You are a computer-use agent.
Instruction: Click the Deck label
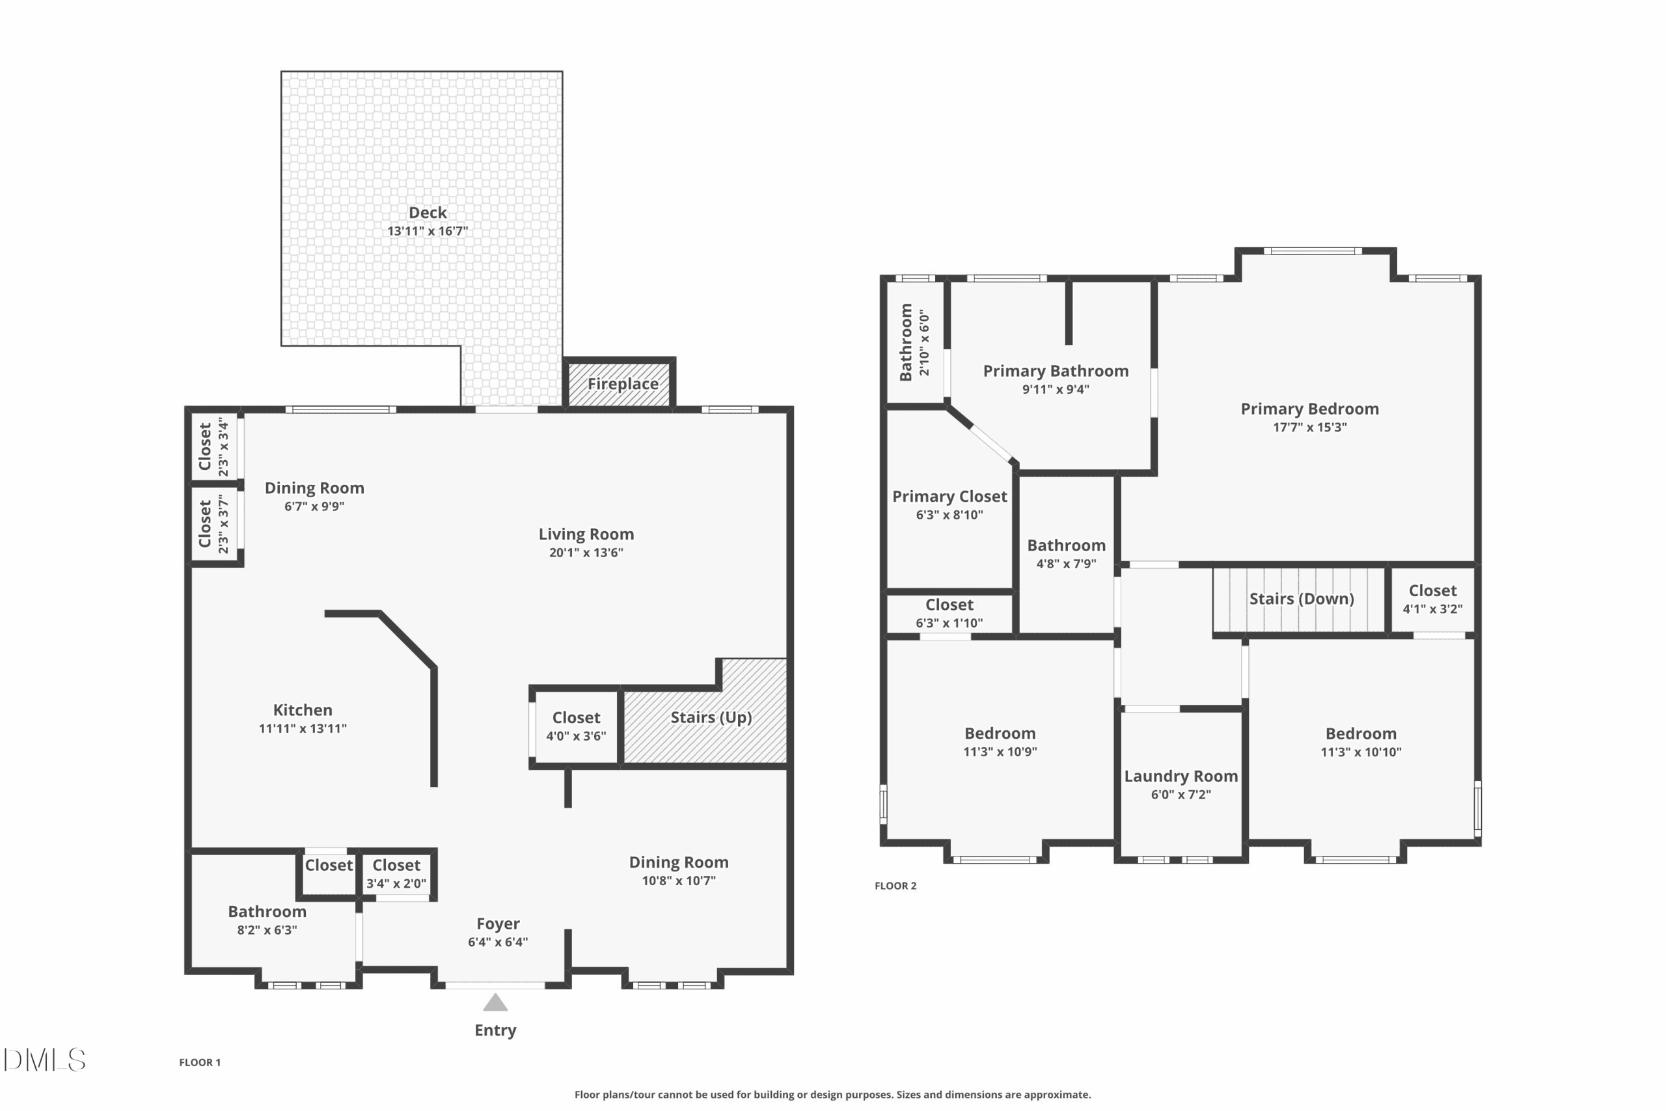[427, 213]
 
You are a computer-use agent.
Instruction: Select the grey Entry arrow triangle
[495, 1002]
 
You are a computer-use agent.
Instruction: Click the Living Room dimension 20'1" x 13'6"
[586, 553]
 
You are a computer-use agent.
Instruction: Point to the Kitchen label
[303, 710]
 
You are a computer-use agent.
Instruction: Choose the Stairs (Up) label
[711, 718]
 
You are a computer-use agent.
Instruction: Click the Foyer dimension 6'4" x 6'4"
[497, 942]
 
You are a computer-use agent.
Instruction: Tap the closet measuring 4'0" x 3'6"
[576, 726]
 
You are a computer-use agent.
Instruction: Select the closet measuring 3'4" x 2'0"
[396, 874]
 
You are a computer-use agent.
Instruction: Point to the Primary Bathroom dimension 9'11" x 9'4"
[1056, 389]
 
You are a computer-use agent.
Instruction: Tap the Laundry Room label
[1181, 776]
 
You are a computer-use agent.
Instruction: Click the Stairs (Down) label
[1301, 599]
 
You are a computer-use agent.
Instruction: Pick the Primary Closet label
[949, 497]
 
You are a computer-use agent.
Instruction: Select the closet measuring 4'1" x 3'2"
[1432, 599]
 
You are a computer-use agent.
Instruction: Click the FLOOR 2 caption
[895, 886]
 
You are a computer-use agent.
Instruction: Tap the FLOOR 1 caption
[200, 1062]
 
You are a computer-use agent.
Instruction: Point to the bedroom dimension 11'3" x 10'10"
[1361, 752]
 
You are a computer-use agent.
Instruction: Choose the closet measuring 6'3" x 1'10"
[949, 614]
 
